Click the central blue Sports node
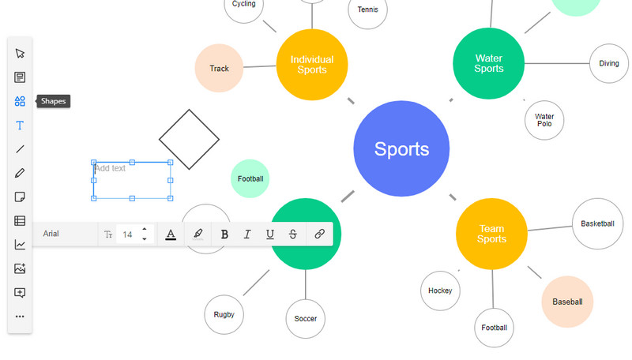coord(401,148)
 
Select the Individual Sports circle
coord(312,64)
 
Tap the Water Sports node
coord(489,63)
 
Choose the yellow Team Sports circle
coord(491,234)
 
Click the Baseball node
coord(567,302)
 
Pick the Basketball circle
coord(597,223)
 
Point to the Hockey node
coord(440,291)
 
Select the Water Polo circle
coord(544,120)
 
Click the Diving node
coord(609,63)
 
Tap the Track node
coord(219,69)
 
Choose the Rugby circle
coord(224,314)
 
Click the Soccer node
coord(306,319)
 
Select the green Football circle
coord(250,178)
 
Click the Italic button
coord(247,234)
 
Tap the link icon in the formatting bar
coord(320,234)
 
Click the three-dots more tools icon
coord(20,317)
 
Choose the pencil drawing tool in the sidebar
coord(20,173)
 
